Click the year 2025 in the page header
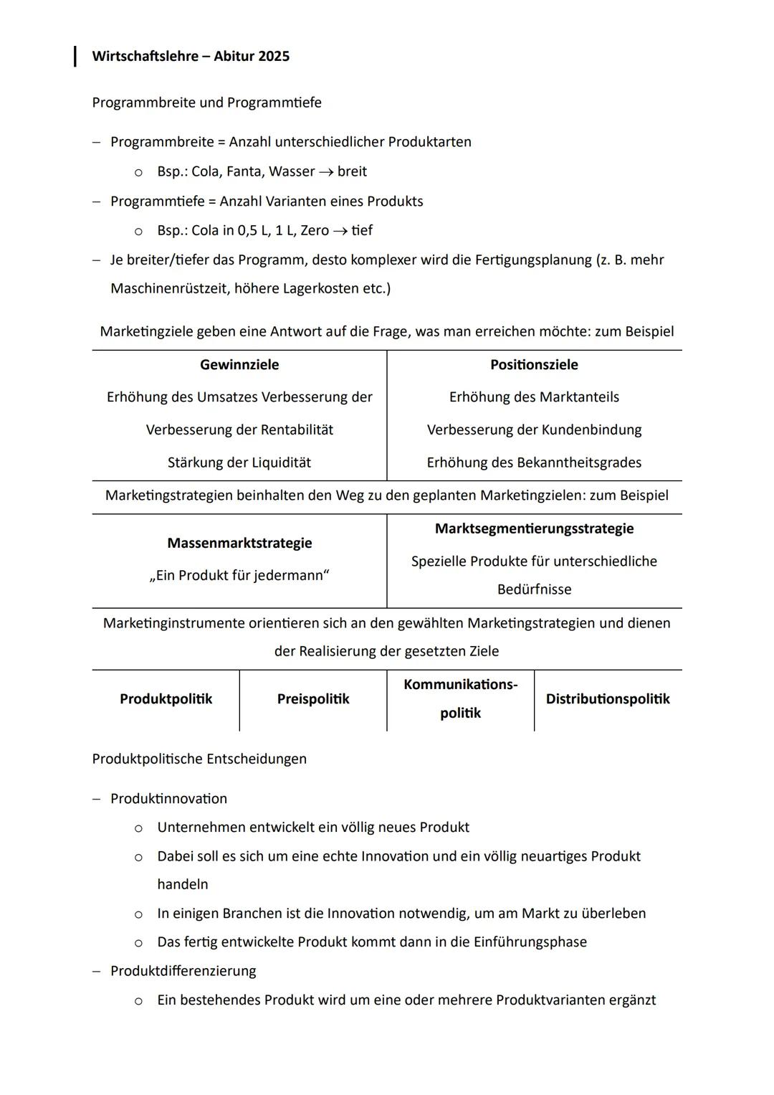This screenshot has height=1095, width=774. point(274,57)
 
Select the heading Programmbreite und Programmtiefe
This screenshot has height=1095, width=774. point(206,103)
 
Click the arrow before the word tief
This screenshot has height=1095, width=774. point(340,231)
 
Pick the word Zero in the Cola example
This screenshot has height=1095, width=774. point(315,230)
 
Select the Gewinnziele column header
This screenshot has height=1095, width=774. point(239,364)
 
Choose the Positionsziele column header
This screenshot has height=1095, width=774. point(534,364)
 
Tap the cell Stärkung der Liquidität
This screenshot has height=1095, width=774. point(239,463)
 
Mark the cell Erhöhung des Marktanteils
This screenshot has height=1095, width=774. point(534,397)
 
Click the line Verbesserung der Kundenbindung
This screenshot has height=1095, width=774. point(534,430)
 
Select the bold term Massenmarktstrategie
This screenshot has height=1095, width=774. point(239,543)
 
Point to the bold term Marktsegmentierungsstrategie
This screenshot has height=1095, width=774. point(534,528)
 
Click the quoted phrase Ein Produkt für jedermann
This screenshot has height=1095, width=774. point(239,575)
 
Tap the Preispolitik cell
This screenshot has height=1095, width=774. point(313,698)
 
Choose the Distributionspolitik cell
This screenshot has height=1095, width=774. point(608,698)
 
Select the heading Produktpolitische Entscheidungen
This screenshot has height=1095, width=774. point(199,759)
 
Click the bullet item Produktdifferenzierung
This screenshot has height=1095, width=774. point(183,971)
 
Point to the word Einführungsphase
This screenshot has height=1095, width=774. point(530,942)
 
